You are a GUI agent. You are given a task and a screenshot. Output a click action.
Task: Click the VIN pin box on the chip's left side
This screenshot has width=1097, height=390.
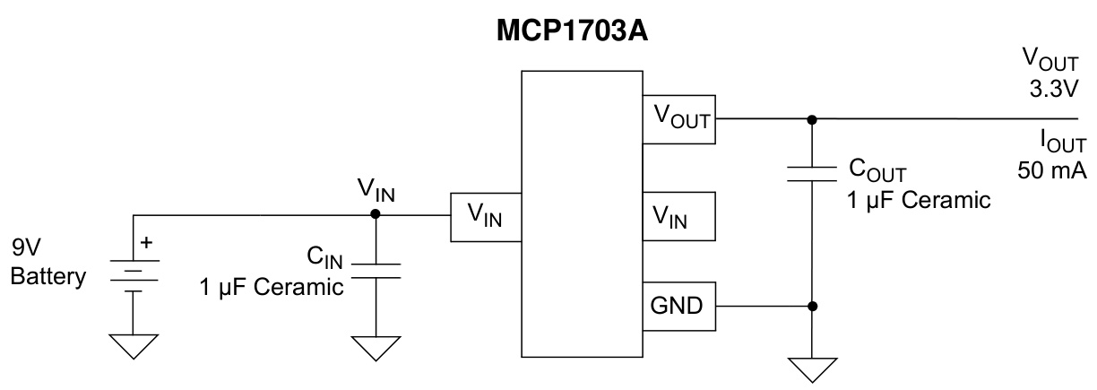point(485,216)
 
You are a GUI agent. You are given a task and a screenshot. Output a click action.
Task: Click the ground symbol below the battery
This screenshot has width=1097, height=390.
point(134,346)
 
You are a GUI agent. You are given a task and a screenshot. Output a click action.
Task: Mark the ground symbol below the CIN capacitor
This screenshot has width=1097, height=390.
point(375,346)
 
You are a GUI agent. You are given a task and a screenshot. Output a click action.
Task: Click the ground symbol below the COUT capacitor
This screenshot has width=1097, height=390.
point(811,368)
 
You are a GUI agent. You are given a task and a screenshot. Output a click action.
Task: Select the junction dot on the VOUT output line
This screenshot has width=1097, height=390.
point(811,118)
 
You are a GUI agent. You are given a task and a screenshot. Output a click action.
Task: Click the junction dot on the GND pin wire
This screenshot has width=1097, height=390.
point(811,306)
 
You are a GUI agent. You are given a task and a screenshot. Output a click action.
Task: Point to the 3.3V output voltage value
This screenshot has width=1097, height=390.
point(1053,91)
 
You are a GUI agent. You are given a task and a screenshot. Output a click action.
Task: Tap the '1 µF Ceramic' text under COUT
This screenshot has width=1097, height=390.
point(918,200)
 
